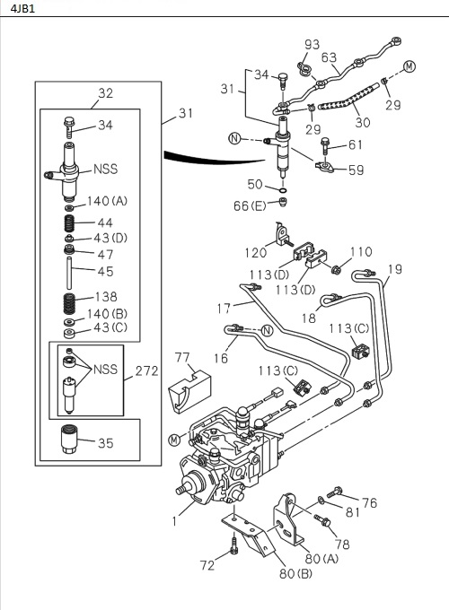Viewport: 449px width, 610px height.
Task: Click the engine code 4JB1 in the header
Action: coord(17,10)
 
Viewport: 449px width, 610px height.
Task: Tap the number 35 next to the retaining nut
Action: coord(105,442)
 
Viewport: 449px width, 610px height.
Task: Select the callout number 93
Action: coord(312,45)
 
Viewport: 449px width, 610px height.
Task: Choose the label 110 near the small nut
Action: coord(360,252)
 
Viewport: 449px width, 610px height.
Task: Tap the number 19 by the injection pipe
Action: coord(395,269)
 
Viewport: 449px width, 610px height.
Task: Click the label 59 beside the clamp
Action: coord(357,169)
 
